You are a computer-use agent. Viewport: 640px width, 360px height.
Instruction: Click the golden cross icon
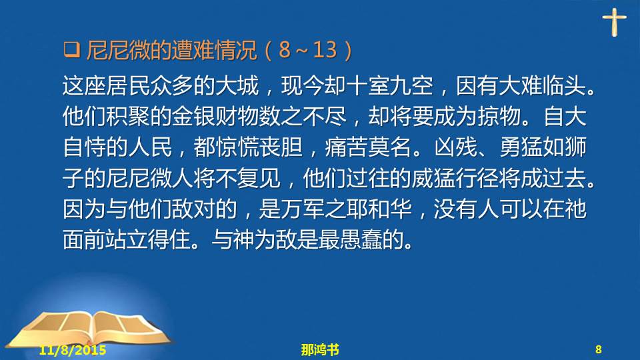[614, 22]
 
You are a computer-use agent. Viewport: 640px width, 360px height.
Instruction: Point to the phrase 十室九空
[389, 86]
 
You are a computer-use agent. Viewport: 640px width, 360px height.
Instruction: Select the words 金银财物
[215, 117]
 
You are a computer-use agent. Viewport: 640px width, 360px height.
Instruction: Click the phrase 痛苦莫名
[368, 147]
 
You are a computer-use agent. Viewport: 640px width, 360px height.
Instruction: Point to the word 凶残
[455, 147]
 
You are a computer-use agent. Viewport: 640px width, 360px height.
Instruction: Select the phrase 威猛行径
[455, 178]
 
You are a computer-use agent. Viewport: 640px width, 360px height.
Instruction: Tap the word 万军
[302, 209]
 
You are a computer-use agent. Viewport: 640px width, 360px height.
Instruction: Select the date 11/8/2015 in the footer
[73, 350]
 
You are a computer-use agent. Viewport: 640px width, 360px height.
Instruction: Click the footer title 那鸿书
[320, 350]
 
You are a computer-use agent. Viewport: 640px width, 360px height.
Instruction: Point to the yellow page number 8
[599, 349]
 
